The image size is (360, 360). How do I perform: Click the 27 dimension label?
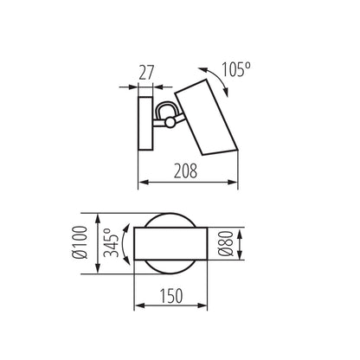coord(146,73)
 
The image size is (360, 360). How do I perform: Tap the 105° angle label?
coord(235,69)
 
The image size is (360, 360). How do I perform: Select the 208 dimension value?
coord(186,170)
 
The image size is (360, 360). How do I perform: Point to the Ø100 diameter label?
coord(80,242)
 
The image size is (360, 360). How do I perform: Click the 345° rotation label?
coord(112,242)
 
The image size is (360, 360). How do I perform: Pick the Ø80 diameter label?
coord(226,244)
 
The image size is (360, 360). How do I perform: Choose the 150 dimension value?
coord(171,296)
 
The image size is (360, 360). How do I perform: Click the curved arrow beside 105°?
coord(218,77)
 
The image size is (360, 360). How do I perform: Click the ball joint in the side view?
coord(170,122)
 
